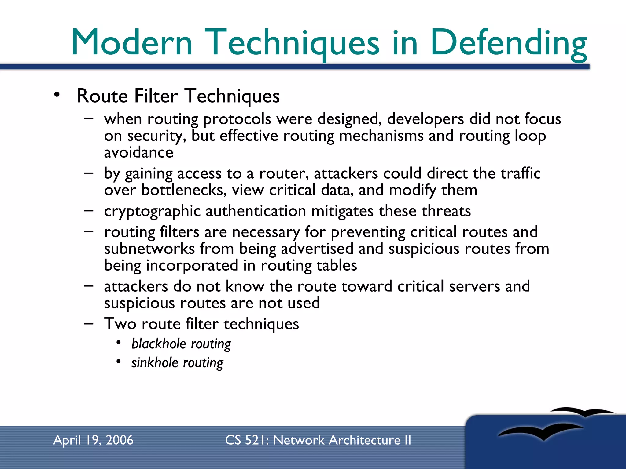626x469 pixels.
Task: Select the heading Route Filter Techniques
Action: pos(178,96)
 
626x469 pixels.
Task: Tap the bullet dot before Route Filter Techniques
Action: pos(57,95)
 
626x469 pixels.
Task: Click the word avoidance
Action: pos(138,152)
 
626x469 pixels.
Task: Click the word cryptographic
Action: pos(152,211)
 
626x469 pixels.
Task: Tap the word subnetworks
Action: pos(149,249)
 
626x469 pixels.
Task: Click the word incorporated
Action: pos(192,265)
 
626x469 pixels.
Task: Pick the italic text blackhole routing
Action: pos(181,344)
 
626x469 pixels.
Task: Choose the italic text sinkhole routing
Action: pos(177,363)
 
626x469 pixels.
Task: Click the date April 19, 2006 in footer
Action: pos(93,440)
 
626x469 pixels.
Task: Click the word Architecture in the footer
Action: pos(364,440)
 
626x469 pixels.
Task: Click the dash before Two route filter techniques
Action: pos(89,324)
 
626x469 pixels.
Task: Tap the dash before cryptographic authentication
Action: pos(89,211)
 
